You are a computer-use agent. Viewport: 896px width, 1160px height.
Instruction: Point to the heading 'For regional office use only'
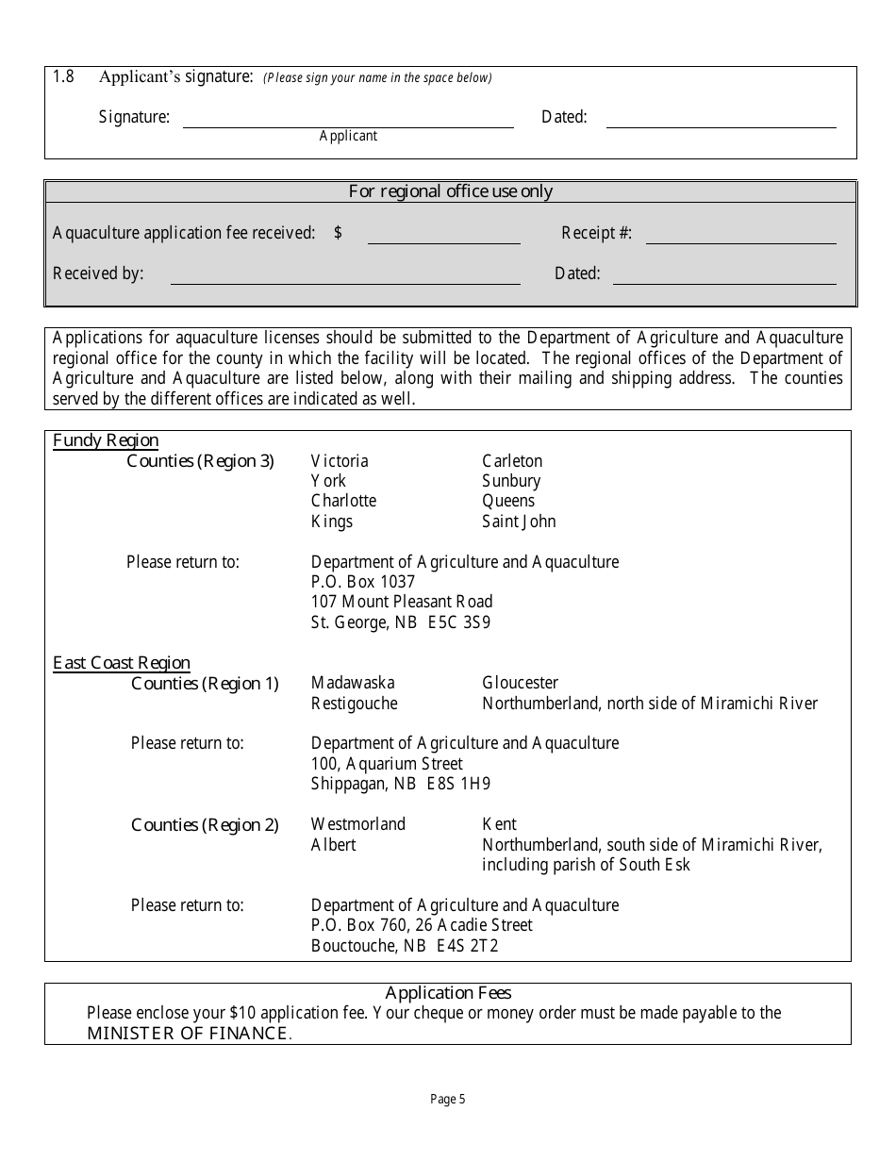[451, 191]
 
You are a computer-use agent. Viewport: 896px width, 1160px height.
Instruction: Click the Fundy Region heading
[106, 440]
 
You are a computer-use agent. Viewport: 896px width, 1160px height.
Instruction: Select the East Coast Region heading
[122, 663]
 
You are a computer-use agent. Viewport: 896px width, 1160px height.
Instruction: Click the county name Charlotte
[343, 501]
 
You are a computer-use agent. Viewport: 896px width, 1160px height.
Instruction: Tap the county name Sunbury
[511, 481]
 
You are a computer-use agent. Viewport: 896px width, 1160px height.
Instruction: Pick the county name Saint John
[519, 522]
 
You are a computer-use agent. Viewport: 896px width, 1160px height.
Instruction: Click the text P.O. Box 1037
[363, 582]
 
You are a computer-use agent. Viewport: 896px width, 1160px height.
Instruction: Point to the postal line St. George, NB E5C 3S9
[401, 622]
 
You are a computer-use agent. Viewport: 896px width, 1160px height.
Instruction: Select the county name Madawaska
[353, 683]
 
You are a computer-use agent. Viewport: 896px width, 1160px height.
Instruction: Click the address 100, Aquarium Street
[387, 764]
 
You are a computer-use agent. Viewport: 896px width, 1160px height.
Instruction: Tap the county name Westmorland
[358, 824]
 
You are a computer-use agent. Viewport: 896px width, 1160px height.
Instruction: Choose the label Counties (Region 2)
[205, 825]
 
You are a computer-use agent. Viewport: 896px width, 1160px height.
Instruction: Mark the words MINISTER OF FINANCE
[188, 1034]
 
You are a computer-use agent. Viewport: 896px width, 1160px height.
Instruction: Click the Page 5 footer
[448, 1099]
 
